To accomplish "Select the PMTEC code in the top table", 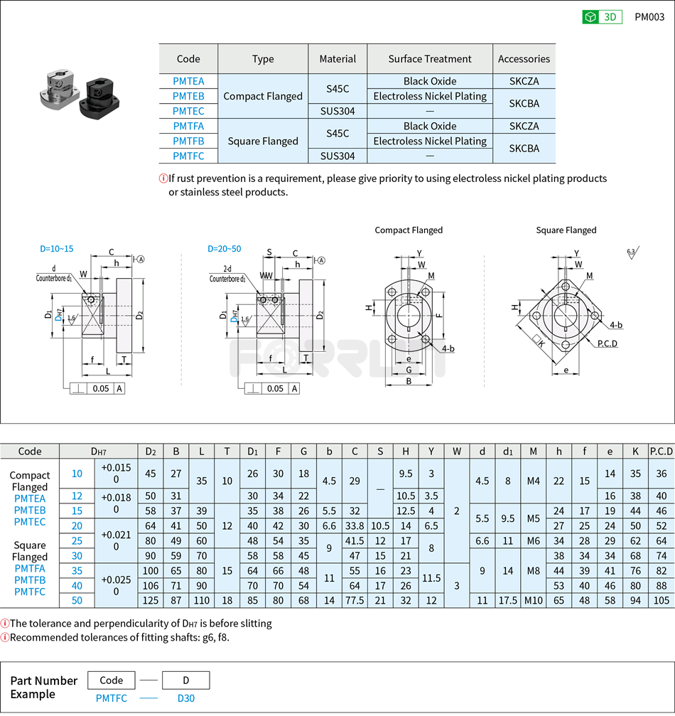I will [188, 111].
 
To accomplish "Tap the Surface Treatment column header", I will [429, 59].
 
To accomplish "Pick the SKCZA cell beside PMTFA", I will [524, 126].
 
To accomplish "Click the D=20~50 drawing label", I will [224, 249].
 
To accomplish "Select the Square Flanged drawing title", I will [566, 230].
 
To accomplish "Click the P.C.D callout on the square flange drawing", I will [607, 343].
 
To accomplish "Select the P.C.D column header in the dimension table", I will [661, 451].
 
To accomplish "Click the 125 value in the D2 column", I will [151, 601].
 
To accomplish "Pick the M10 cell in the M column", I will [533, 601].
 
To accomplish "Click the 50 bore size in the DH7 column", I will [77, 601].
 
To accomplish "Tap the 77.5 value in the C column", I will [355, 601].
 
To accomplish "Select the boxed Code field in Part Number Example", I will [112, 680].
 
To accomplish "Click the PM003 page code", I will [649, 17].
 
